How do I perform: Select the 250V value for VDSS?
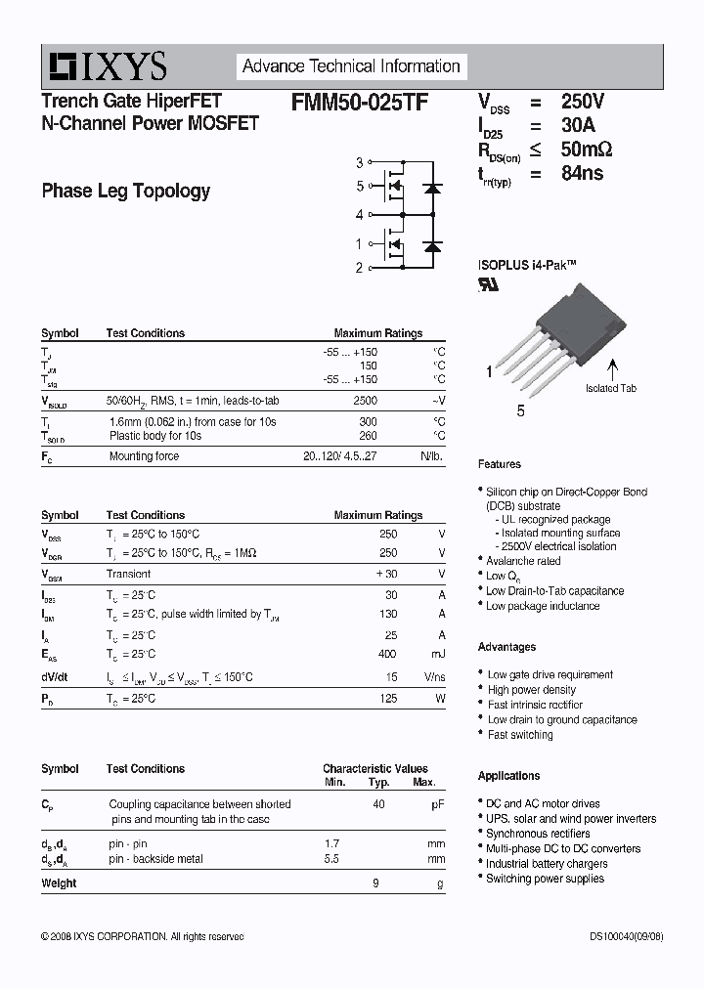click(x=582, y=102)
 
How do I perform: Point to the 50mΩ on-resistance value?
click(x=587, y=150)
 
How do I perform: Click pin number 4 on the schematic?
click(x=359, y=214)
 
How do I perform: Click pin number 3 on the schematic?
click(x=359, y=162)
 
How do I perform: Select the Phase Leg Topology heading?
click(x=125, y=191)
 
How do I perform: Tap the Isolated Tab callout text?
click(x=611, y=388)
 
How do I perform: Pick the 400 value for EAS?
click(x=388, y=654)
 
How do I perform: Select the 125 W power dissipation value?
click(x=388, y=699)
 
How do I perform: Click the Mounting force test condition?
click(x=144, y=456)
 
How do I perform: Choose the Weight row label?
click(x=59, y=883)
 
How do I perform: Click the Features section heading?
click(x=499, y=464)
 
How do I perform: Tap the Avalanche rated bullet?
click(x=523, y=561)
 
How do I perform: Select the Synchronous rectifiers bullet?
click(x=538, y=834)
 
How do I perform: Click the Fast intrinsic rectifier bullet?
click(x=535, y=705)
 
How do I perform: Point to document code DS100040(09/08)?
click(x=625, y=936)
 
